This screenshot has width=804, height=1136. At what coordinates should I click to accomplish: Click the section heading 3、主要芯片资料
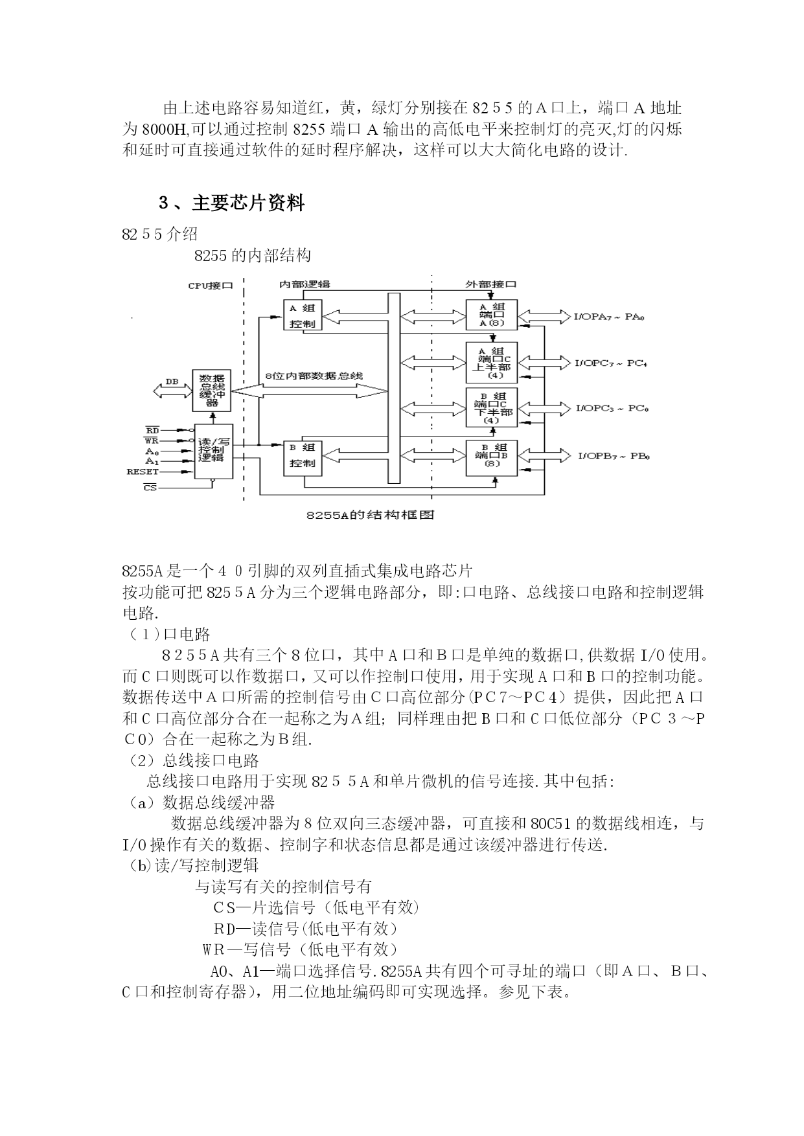(x=231, y=203)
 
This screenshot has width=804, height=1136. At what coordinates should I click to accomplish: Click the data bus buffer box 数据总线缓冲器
(x=211, y=391)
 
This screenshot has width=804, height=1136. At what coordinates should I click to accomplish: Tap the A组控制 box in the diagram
(x=303, y=315)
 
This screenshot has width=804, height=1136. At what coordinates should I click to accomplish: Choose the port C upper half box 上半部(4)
(x=492, y=362)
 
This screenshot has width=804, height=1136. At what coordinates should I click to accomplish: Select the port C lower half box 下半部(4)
(x=492, y=407)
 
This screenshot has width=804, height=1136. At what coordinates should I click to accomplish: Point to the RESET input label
(x=143, y=471)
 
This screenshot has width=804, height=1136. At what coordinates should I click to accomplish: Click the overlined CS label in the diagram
(x=150, y=487)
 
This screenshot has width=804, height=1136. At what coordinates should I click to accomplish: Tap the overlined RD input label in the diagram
(x=152, y=430)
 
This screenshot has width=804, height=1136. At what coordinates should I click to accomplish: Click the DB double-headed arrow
(x=172, y=390)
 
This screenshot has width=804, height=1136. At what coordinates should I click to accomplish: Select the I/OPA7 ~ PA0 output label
(x=608, y=317)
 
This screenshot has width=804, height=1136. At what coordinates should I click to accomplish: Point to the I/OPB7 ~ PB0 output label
(x=613, y=456)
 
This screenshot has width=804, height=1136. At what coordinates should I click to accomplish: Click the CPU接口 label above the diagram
(x=210, y=286)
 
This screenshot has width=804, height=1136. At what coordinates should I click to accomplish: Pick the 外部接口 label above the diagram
(x=491, y=284)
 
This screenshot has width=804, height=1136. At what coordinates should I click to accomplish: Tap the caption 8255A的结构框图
(x=370, y=515)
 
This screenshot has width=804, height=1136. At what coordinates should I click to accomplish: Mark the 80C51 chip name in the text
(x=551, y=824)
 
